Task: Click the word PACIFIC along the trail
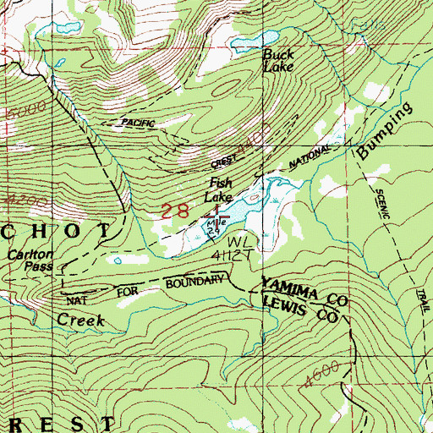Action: coord(138,123)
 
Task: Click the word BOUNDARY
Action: coord(195,283)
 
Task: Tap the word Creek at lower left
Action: coord(80,320)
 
